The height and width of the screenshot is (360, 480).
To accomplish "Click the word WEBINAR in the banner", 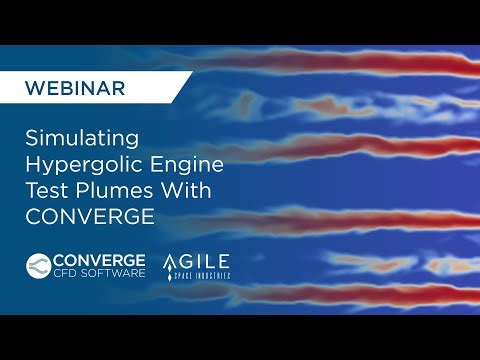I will pyautogui.click(x=76, y=88).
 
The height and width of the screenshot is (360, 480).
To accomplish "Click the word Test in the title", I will pyautogui.click(x=45, y=190).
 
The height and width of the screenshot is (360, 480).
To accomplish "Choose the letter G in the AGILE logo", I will pyautogui.click(x=193, y=262).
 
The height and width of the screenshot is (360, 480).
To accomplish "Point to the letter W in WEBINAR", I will pyautogui.click(x=33, y=88).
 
